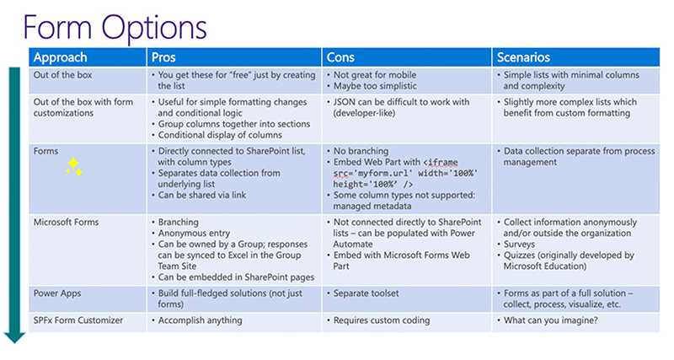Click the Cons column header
[341, 57]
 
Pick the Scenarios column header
[522, 57]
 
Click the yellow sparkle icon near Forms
[75, 166]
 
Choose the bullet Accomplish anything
[201, 320]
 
